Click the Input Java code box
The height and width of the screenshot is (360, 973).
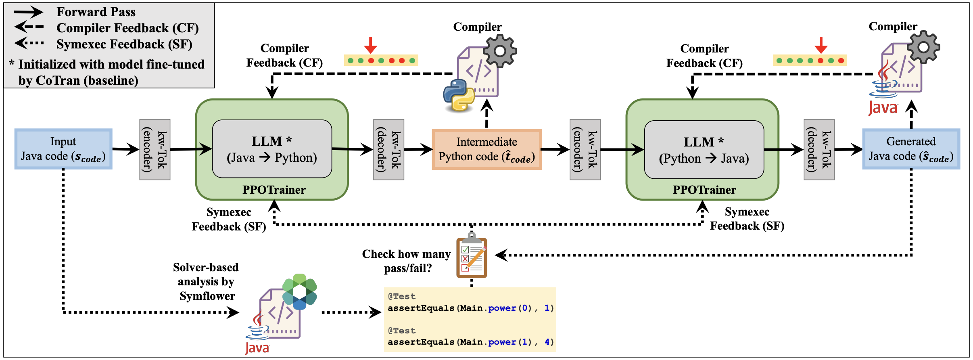click(x=63, y=149)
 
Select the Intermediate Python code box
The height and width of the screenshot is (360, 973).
click(x=486, y=149)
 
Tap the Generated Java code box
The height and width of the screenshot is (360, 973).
click(x=911, y=149)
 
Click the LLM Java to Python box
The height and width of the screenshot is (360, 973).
click(x=272, y=149)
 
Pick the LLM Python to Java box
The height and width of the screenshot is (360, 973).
click(x=704, y=150)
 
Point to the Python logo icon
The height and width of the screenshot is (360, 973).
click(x=459, y=95)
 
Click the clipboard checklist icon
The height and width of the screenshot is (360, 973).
click(x=472, y=257)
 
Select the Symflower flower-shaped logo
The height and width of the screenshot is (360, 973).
click(x=300, y=291)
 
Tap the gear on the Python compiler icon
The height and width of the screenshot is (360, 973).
click(x=500, y=51)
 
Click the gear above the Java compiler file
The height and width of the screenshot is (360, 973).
click(x=923, y=47)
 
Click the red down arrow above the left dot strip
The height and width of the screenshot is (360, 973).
click(x=370, y=45)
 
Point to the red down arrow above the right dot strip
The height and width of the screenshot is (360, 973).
click(x=821, y=45)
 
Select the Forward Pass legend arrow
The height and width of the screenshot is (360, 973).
click(x=28, y=12)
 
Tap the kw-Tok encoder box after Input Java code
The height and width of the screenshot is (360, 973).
click(x=155, y=149)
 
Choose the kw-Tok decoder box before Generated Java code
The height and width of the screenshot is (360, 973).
click(x=819, y=149)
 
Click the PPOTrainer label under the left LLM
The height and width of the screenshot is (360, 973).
click(x=274, y=190)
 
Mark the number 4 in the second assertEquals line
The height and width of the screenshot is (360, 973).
click(x=547, y=342)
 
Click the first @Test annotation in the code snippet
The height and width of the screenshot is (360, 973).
click(x=401, y=296)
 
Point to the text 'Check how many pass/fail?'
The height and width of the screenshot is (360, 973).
click(x=406, y=261)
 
